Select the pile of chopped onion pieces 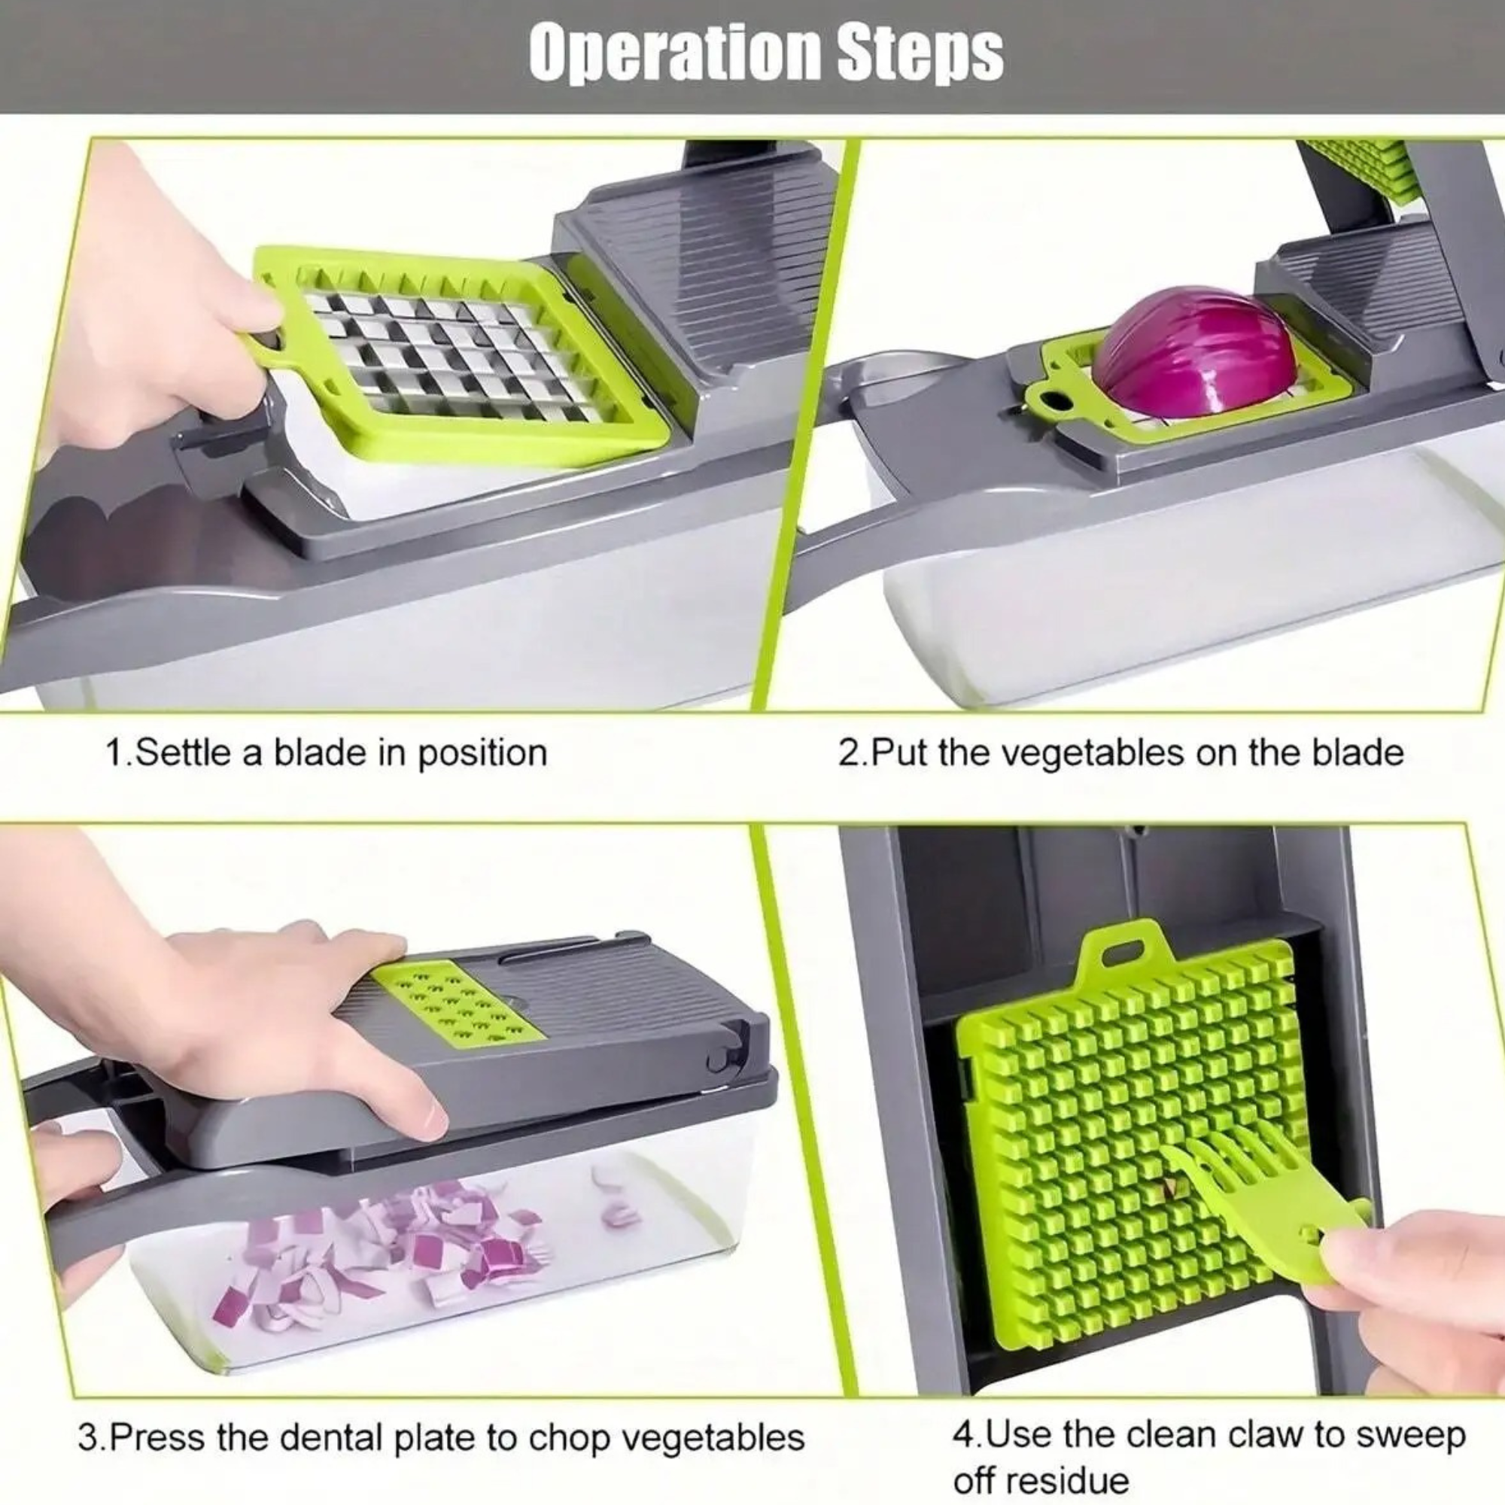390,1246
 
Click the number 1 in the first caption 114,752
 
